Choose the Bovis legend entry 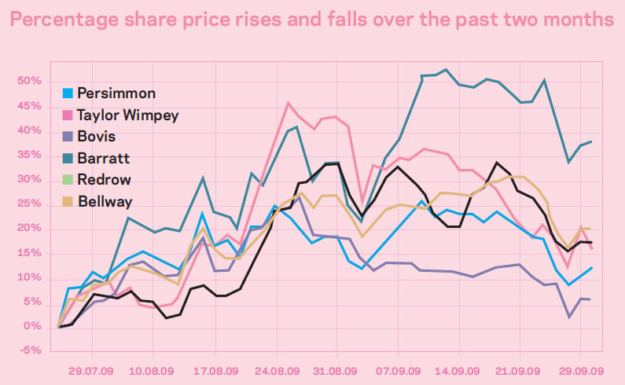96,137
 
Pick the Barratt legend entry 101,159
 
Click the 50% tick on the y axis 31,82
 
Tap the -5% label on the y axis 31,351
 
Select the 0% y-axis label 33,327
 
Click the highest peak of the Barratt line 447,69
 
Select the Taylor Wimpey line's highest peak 288,102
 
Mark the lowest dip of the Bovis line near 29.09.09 568,317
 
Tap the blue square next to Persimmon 68,93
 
